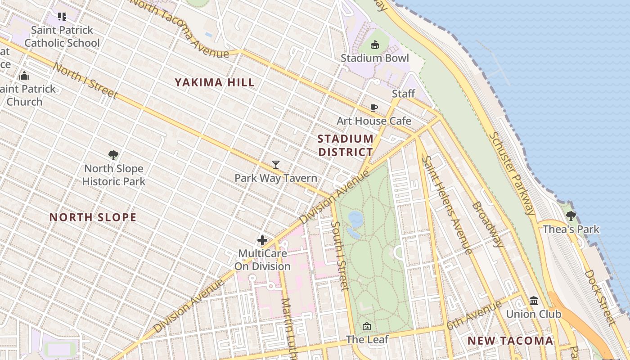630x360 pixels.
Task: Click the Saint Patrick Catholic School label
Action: [x=62, y=36]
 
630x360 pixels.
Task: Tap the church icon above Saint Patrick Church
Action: [x=24, y=76]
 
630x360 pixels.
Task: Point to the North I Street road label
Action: [x=85, y=81]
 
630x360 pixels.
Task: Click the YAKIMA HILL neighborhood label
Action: [x=215, y=82]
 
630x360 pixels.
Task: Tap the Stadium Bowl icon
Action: [x=375, y=45]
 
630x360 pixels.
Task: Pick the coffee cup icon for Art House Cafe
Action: [x=373, y=108]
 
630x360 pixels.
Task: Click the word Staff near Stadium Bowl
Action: [x=403, y=94]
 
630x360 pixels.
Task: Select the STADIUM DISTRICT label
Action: [x=346, y=145]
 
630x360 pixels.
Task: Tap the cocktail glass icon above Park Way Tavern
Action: [x=276, y=165]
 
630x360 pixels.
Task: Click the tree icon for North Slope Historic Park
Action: [x=113, y=155]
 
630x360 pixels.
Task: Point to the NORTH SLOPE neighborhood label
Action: [x=93, y=217]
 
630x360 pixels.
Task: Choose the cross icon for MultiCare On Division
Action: [x=262, y=240]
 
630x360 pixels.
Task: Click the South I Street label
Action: [x=340, y=256]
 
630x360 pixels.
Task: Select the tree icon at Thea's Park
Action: [x=571, y=216]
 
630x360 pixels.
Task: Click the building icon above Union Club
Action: [x=534, y=301]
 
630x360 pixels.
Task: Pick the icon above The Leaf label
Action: [x=367, y=326]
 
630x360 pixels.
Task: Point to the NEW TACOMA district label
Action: [x=510, y=341]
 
